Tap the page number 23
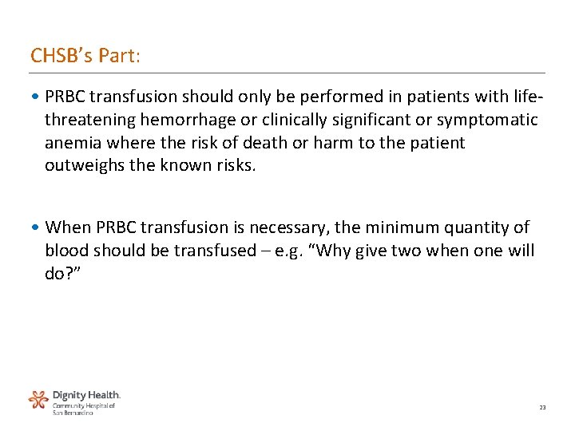pyautogui.click(x=543, y=408)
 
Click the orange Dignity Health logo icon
pyautogui.click(x=38, y=400)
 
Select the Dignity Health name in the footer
pyautogui.click(x=86, y=395)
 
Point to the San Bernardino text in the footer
pyautogui.click(x=73, y=413)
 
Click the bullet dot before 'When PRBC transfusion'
pyautogui.click(x=38, y=228)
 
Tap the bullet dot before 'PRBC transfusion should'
pyautogui.click(x=38, y=97)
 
